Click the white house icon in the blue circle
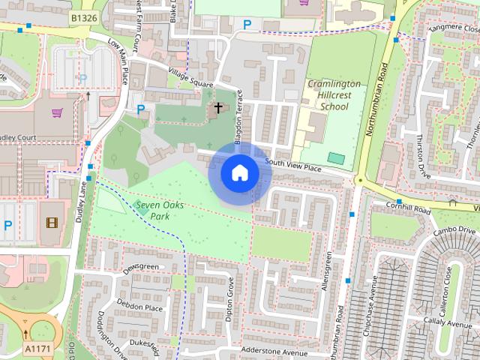[239, 173]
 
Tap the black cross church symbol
[218, 108]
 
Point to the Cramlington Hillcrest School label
[334, 95]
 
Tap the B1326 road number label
[85, 16]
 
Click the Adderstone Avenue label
[274, 351]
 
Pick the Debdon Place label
[140, 305]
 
